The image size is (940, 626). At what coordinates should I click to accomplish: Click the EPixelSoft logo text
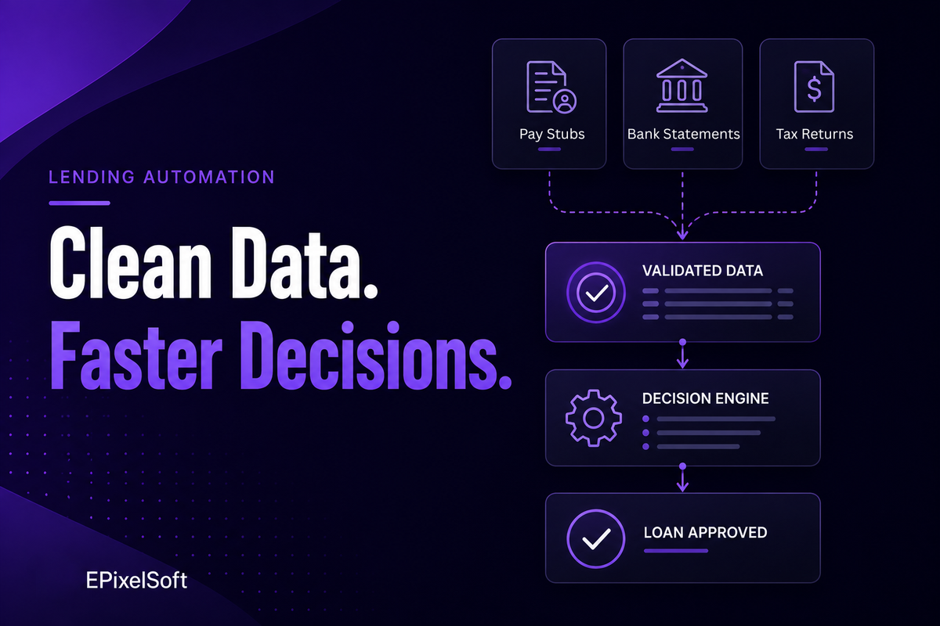[136, 581]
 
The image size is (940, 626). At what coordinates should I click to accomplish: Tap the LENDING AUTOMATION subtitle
[161, 177]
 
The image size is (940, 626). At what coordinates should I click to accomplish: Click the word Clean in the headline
[131, 263]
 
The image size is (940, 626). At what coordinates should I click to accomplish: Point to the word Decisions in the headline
[375, 355]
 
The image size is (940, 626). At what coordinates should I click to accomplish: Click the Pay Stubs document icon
[551, 87]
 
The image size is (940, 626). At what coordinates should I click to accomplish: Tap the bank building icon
[682, 85]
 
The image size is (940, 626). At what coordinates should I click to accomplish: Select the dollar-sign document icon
[814, 86]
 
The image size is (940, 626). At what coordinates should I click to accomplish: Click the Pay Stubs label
[551, 134]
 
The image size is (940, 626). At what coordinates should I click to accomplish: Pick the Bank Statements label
[683, 134]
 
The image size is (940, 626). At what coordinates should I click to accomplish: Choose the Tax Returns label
[815, 134]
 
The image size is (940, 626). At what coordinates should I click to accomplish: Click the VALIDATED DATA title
[703, 271]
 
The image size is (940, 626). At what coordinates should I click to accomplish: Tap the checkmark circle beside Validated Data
[596, 292]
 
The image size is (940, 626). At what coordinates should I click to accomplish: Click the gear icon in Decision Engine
[594, 418]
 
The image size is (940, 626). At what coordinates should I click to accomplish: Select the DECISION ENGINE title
[706, 398]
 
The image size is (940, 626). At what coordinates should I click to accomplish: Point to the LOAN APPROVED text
[706, 533]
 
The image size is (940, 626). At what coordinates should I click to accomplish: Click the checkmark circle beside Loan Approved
[596, 539]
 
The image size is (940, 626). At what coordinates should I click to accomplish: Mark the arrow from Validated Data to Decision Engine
[683, 354]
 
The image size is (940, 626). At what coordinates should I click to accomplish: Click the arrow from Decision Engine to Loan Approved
[683, 477]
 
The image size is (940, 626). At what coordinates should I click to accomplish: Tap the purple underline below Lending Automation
[79, 203]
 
